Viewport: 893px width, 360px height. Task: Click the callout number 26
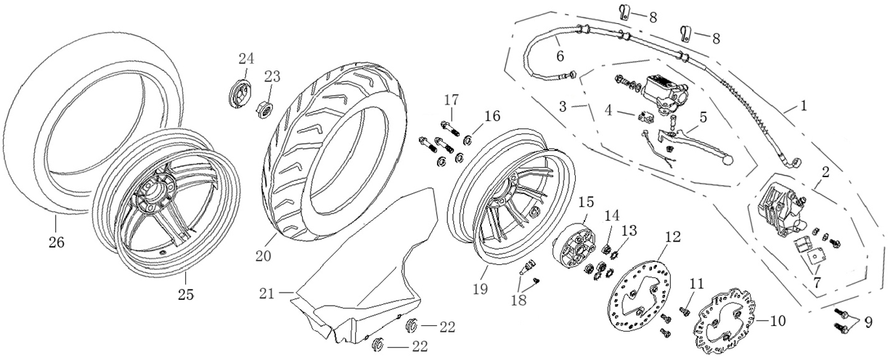tap(56, 242)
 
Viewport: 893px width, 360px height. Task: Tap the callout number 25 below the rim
tap(186, 295)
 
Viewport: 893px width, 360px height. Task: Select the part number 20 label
tap(263, 256)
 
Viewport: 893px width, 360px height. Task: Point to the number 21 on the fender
tap(266, 294)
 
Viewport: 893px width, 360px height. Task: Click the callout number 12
tap(672, 237)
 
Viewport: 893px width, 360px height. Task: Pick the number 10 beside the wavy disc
tap(778, 321)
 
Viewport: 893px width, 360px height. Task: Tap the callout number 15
tap(586, 202)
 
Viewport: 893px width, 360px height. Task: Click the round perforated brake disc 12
tap(640, 297)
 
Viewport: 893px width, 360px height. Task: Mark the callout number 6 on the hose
tap(560, 56)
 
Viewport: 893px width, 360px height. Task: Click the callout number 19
tap(481, 289)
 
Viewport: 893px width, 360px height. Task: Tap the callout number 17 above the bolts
tap(452, 99)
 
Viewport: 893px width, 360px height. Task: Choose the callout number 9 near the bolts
tap(869, 322)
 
